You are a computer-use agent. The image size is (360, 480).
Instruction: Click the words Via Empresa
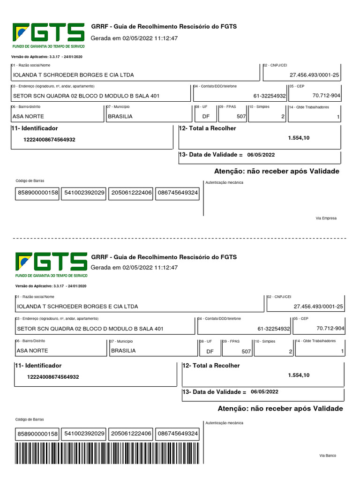(326, 218)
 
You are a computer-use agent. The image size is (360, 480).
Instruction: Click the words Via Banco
(328, 456)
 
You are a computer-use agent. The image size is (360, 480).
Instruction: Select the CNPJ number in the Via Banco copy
(318, 307)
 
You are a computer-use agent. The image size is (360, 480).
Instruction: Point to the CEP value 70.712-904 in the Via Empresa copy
(326, 96)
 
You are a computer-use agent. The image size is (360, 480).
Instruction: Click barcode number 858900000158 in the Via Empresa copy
(38, 193)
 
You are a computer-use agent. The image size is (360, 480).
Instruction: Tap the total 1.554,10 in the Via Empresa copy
(299, 138)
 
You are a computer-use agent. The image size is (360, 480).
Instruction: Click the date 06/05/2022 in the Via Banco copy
(264, 391)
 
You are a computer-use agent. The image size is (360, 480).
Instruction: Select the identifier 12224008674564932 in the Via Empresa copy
(49, 140)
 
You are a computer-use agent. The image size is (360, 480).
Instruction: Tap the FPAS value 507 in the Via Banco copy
(246, 351)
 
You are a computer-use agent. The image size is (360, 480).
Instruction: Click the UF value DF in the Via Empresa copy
(206, 116)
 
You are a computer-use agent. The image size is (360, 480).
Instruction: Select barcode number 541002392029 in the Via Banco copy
(85, 434)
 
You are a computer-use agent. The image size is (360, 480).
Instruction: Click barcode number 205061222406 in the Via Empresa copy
(131, 193)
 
